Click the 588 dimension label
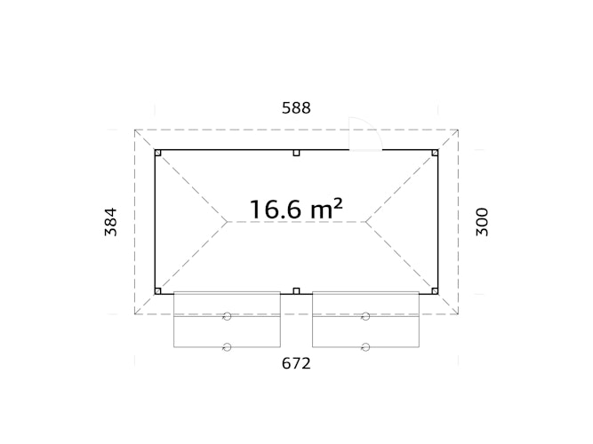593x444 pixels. pyautogui.click(x=296, y=108)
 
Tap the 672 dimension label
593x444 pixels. pyautogui.click(x=296, y=363)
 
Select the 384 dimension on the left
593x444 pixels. pyautogui.click(x=111, y=222)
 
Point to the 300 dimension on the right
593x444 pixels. pyautogui.click(x=482, y=222)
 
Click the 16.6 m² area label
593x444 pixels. pyautogui.click(x=296, y=209)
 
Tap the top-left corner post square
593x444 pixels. pyautogui.click(x=158, y=153)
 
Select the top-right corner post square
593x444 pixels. pyautogui.click(x=435, y=153)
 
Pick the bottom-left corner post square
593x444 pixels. pyautogui.click(x=158, y=291)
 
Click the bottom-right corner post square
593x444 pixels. pyautogui.click(x=435, y=291)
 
